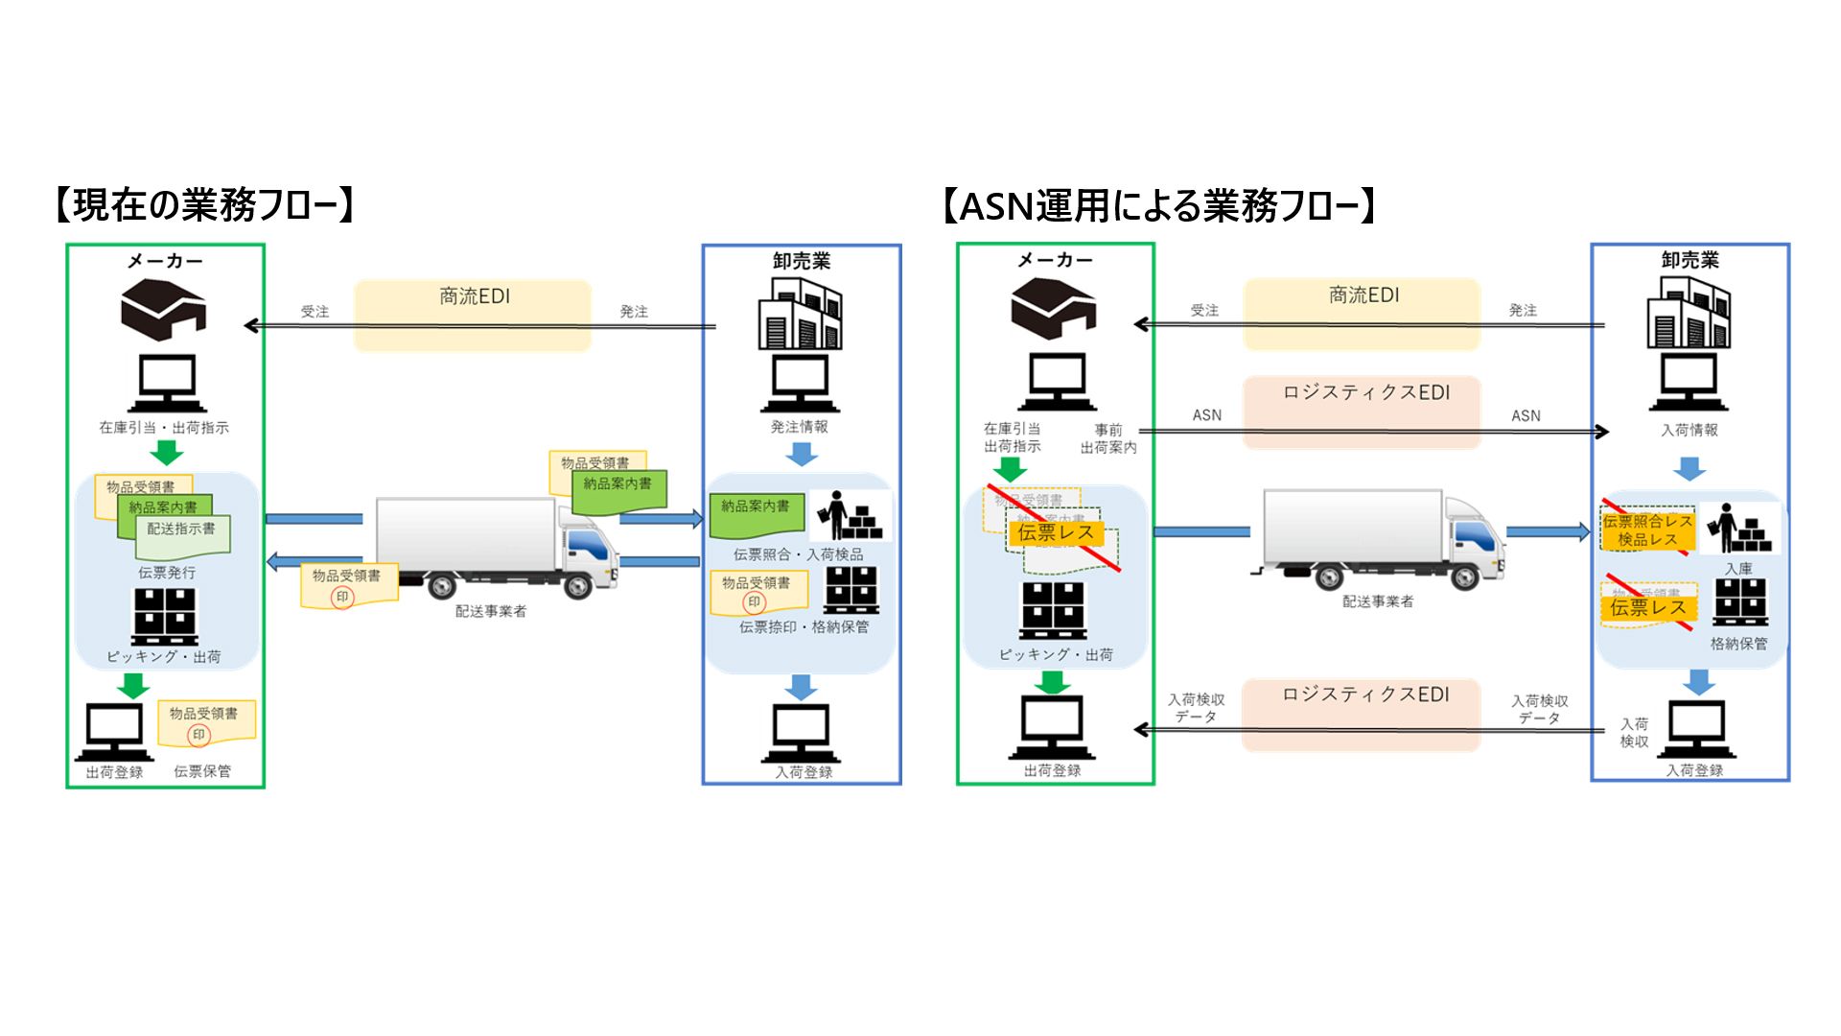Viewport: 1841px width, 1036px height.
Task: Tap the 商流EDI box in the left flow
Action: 473,315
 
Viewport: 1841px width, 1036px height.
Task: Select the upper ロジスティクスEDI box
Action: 1362,412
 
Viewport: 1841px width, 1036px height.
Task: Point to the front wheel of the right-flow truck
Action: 1465,576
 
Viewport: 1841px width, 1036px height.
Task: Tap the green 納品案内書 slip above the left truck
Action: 619,491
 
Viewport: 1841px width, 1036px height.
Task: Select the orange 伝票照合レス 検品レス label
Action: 1647,530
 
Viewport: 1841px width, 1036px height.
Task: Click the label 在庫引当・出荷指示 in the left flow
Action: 164,428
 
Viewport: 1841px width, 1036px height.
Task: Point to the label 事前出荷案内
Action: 1108,439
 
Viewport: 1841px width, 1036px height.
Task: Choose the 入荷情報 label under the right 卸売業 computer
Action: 1690,431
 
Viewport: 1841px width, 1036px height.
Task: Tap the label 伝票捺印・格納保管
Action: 804,627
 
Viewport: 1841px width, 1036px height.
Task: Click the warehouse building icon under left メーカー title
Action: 164,308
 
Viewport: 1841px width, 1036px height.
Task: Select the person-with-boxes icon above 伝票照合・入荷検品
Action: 849,515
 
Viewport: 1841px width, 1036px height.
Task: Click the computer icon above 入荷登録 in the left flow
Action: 801,733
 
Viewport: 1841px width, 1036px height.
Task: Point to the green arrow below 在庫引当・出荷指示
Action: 167,453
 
